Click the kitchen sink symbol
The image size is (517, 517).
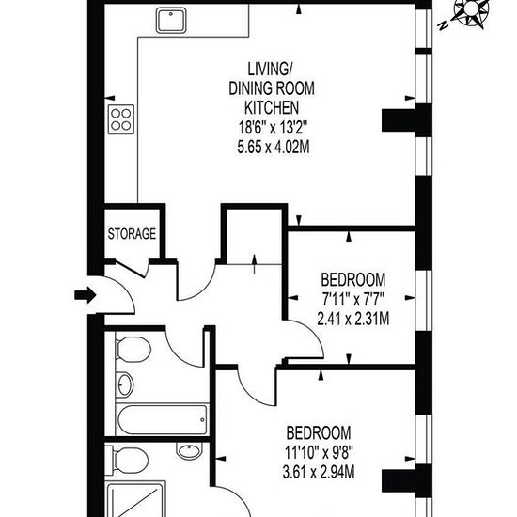pos(171,21)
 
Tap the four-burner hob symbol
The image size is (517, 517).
pos(121,119)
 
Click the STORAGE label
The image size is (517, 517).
pos(132,234)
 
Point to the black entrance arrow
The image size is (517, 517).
pos(86,294)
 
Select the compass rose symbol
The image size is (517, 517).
pos(471,13)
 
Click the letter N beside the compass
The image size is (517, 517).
pos(443,25)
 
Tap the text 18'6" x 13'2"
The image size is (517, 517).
pos(273,127)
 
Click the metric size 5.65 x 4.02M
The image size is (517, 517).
pos(274,147)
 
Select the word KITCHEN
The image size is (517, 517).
pos(272,107)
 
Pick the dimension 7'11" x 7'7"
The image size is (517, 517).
pos(352,300)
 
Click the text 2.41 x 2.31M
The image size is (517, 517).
pos(352,319)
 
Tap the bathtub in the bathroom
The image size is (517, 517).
pos(163,420)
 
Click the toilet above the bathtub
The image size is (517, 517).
pos(133,349)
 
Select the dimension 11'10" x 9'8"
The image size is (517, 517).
pos(319,453)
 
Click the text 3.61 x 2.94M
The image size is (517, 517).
pos(319,472)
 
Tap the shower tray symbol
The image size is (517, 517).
pos(135,499)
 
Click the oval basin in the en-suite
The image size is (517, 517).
pos(189,450)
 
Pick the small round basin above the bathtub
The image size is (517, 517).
pos(125,384)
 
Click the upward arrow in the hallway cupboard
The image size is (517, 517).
pos(254,264)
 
